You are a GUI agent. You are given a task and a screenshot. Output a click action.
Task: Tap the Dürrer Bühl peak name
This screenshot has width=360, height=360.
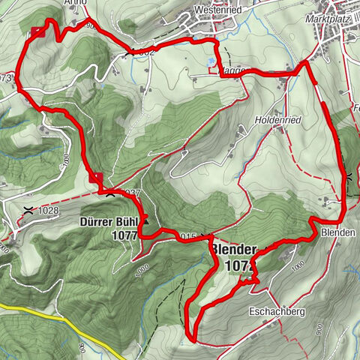tap(109, 222)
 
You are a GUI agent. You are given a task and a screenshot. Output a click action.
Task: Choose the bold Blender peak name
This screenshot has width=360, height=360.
tap(233, 250)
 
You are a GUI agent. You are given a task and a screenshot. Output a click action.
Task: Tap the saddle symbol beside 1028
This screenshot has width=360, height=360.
tap(28, 210)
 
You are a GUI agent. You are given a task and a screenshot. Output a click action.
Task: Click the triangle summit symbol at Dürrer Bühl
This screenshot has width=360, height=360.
tap(147, 222)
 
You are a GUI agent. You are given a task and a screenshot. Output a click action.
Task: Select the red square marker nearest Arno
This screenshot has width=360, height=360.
tap(37, 31)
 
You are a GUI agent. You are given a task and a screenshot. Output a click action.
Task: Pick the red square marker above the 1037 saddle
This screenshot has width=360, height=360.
tap(95, 178)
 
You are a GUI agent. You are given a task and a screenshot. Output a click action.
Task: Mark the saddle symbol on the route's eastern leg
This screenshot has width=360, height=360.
tap(349, 178)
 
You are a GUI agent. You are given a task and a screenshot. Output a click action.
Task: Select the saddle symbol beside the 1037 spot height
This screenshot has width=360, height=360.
tap(111, 193)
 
